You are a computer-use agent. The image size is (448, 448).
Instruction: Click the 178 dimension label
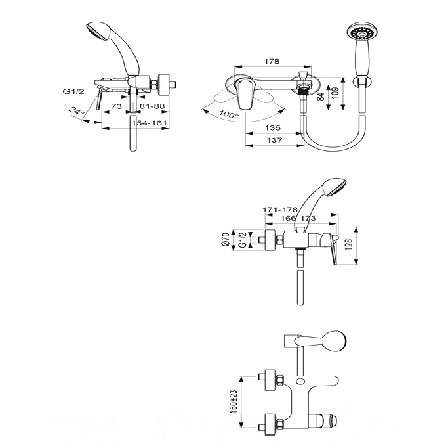tap(272, 61)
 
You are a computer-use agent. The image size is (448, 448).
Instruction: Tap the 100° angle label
tap(229, 114)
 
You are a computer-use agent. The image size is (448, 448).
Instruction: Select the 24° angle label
tap(77, 111)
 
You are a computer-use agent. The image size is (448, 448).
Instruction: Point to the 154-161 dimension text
tap(149, 123)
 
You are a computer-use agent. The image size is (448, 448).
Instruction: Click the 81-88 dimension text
tap(152, 106)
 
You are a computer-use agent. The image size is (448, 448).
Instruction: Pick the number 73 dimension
tap(116, 106)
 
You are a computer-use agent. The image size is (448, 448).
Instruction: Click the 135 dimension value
tap(273, 127)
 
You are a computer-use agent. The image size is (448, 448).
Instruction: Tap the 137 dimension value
tap(274, 140)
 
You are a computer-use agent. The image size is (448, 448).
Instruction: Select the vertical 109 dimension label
tap(336, 93)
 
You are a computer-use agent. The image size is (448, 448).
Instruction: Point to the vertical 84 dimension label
tap(321, 97)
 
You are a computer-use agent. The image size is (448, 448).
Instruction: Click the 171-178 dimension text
tap(280, 210)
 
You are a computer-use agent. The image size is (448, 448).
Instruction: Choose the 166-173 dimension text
tap(298, 218)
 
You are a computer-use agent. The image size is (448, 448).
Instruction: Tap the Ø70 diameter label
tap(226, 240)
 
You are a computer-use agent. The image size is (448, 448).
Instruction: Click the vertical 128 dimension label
tap(349, 244)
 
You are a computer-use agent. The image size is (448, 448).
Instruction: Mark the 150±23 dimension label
tap(234, 401)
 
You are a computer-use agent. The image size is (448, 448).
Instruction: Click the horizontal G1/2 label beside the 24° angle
tap(73, 91)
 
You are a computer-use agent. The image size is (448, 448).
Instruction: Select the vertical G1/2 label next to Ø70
tap(242, 240)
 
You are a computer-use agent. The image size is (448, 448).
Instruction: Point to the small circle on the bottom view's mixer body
tap(300, 381)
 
